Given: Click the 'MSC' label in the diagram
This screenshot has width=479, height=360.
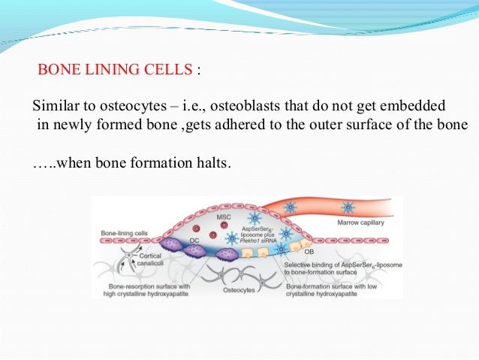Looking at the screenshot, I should click(x=223, y=217).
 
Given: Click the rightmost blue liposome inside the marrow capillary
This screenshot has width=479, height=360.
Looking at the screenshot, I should click(x=348, y=207).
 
